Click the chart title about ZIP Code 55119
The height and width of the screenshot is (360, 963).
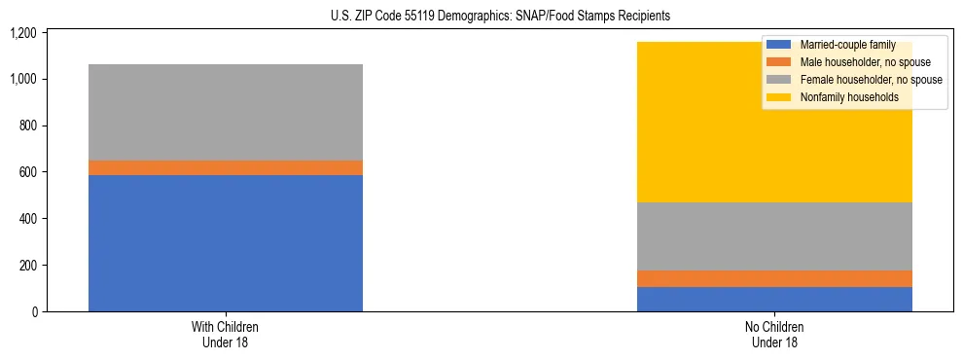click(x=481, y=17)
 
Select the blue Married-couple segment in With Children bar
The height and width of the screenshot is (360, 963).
click(x=226, y=243)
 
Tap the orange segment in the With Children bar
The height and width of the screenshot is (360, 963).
click(x=226, y=167)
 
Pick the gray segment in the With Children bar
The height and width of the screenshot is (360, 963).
click(x=226, y=112)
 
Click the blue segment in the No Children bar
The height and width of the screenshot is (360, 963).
click(x=774, y=299)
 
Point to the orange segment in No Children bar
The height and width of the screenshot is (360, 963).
click(x=774, y=278)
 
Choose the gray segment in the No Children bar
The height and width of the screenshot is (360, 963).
click(x=774, y=236)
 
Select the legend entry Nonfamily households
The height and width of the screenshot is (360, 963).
click(x=848, y=97)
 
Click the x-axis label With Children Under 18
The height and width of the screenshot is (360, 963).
click(x=226, y=334)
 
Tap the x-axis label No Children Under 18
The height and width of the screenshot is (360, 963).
click(x=774, y=334)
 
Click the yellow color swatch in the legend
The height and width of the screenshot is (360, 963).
click(x=779, y=97)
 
